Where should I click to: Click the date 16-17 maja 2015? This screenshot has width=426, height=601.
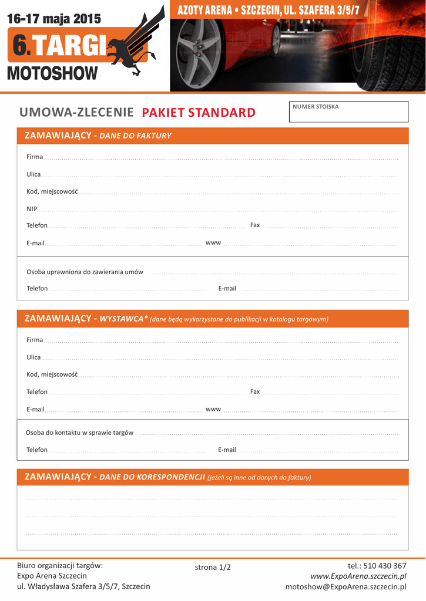[x=54, y=19]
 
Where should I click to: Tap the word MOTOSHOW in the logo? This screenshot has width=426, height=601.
[x=52, y=74]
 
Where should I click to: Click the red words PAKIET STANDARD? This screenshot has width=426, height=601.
[x=199, y=113]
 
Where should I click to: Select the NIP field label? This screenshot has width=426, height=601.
[x=32, y=209]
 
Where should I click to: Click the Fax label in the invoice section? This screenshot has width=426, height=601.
[x=255, y=225]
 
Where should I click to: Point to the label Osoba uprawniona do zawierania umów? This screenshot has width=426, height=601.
[x=85, y=272]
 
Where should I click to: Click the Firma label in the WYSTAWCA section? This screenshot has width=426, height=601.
[x=35, y=340]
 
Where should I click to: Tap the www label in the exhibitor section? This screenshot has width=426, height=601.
[x=213, y=408]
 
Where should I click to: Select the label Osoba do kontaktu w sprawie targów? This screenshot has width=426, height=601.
[x=79, y=433]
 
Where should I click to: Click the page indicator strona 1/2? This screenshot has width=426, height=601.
[x=213, y=567]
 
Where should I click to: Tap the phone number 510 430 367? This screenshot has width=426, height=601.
[x=385, y=566]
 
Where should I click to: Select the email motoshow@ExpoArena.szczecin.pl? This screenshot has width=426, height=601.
[x=346, y=586]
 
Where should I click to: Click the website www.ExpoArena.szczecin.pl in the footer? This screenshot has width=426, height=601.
[x=358, y=576]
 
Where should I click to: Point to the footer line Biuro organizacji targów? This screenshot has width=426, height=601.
[x=60, y=566]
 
